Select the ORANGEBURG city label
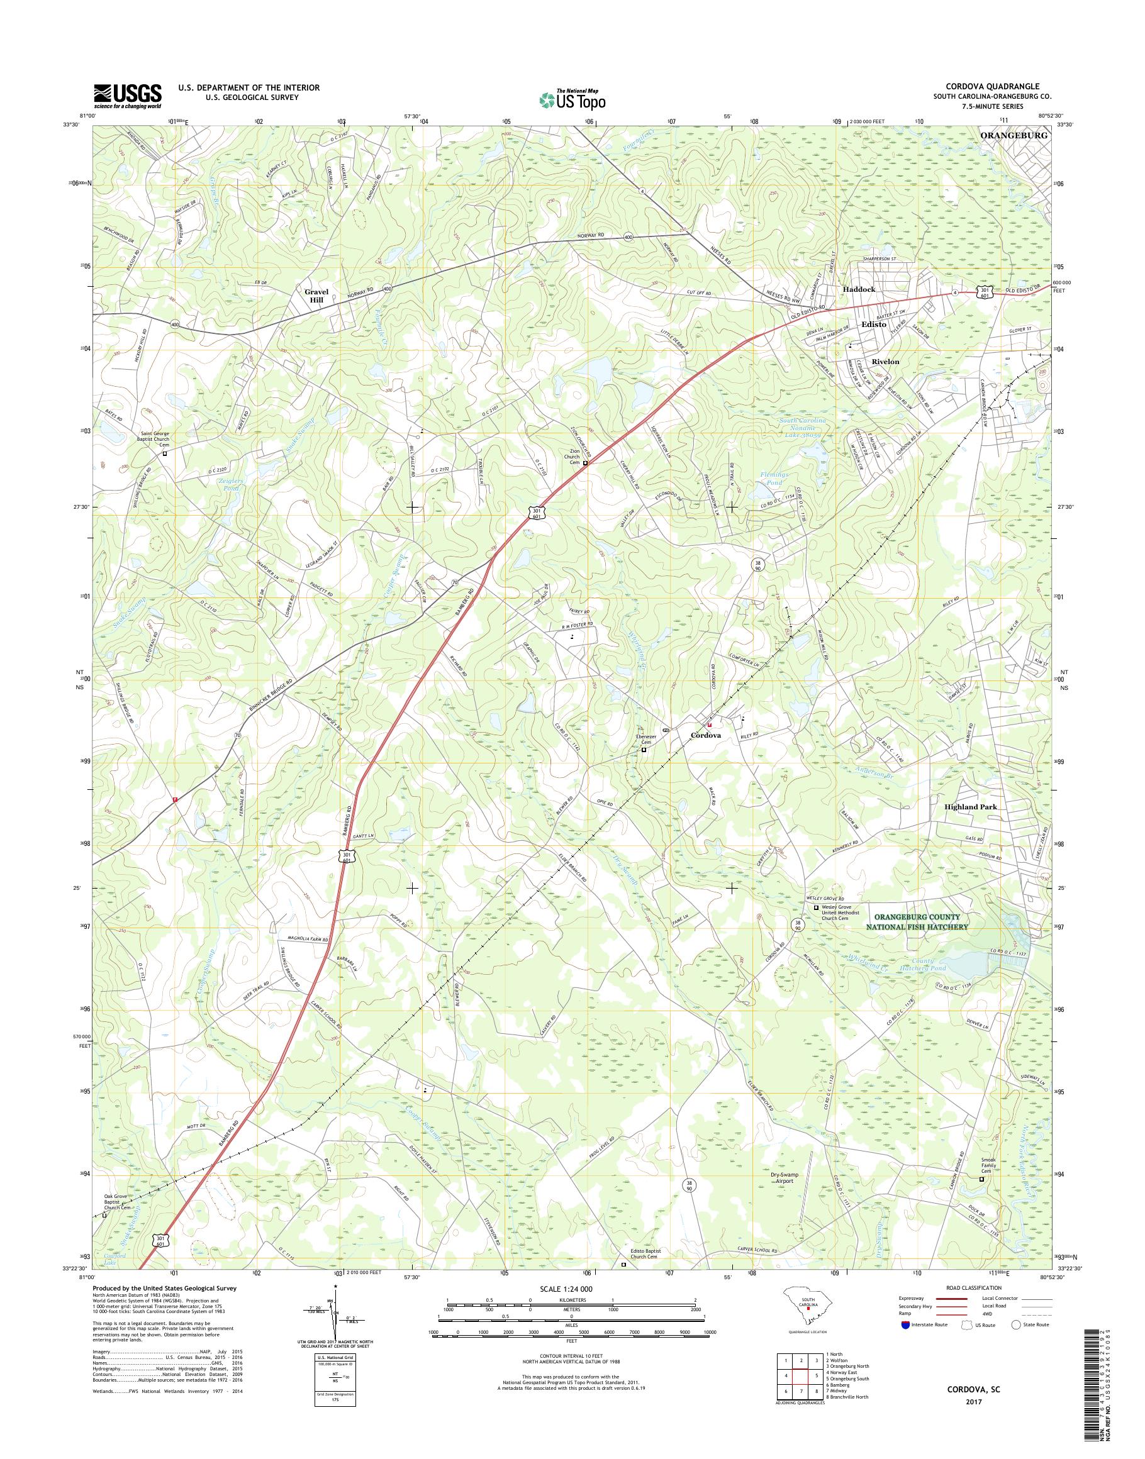point(1014,135)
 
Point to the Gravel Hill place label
point(314,296)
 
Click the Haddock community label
point(858,289)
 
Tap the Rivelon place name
point(885,361)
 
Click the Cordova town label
point(706,735)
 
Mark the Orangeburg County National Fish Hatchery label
point(919,921)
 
